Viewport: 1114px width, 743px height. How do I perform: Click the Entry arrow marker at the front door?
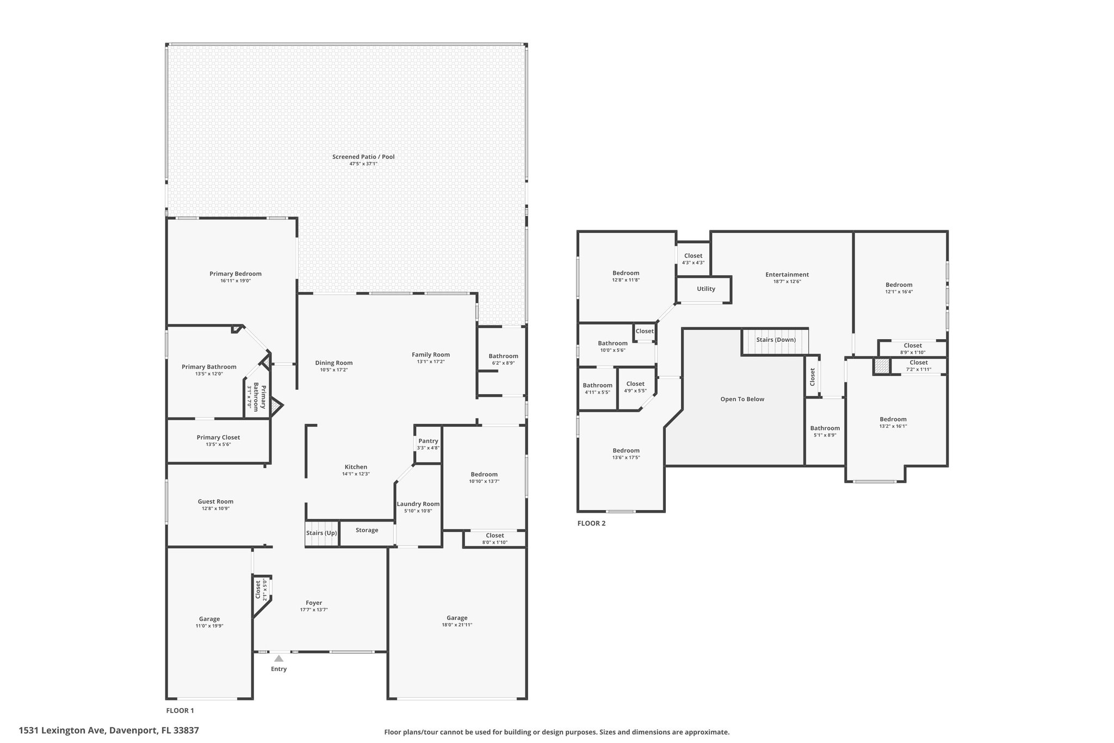[278, 658]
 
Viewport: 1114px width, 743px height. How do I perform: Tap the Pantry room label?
[428, 441]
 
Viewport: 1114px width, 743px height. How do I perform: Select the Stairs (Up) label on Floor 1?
[321, 533]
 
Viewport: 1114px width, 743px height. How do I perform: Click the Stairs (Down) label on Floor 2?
[776, 340]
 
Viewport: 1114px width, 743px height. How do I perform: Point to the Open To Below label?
[742, 399]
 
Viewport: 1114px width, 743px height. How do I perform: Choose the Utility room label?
[706, 289]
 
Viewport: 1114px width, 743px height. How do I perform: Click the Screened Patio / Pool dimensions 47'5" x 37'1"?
[363, 164]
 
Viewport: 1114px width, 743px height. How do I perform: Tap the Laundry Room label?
[418, 504]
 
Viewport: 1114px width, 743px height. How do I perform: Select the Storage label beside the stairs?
[367, 530]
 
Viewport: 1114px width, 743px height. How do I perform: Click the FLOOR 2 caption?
[591, 524]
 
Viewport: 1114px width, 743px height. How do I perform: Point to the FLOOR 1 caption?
[180, 710]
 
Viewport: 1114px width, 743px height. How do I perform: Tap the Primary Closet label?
[218, 437]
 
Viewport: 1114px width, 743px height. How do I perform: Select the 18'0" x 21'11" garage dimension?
[457, 625]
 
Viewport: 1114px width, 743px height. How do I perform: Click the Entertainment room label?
[787, 274]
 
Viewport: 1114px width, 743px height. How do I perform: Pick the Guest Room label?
[215, 501]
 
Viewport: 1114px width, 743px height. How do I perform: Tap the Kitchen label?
[356, 466]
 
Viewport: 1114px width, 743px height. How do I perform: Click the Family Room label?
[430, 355]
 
